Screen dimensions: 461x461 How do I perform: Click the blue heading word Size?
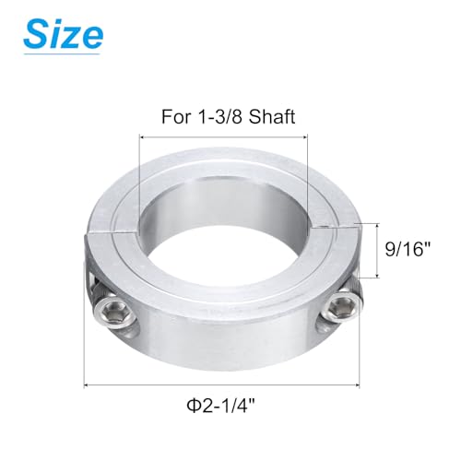[62, 35]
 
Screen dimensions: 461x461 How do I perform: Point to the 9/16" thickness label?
[405, 249]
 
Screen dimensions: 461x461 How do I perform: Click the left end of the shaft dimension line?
[140, 136]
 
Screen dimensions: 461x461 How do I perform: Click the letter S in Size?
[38, 35]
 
